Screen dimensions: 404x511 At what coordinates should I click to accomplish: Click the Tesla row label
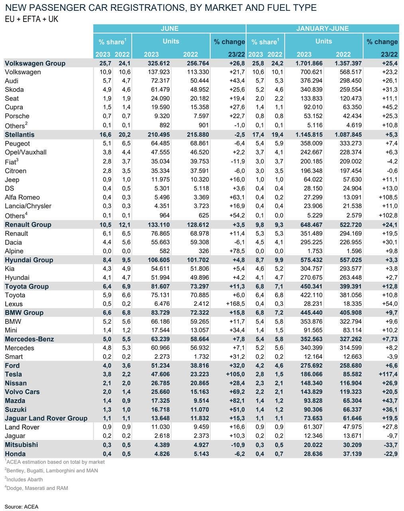(13, 374)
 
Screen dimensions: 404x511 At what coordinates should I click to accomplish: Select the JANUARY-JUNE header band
(322, 28)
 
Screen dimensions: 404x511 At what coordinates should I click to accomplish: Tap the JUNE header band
(169, 28)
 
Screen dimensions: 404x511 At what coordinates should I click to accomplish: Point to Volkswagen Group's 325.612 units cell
(159, 63)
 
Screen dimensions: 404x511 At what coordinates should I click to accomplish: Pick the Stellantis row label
(20, 135)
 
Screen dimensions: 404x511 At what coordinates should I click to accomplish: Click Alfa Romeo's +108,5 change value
(388, 197)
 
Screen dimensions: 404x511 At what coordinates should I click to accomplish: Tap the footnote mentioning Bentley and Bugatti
(51, 470)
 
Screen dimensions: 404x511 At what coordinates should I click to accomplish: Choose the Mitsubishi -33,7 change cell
(390, 445)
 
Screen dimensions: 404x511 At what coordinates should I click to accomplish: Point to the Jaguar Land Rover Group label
(46, 418)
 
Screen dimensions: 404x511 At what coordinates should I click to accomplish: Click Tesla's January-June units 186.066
(311, 374)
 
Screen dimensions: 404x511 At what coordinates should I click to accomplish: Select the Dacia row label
(13, 242)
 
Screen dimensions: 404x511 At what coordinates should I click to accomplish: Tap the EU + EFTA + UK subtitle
(32, 19)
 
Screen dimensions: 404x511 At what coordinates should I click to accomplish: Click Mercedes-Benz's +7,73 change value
(390, 339)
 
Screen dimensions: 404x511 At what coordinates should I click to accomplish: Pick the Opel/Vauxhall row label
(26, 152)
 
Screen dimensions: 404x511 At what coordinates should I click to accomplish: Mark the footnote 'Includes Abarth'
(24, 479)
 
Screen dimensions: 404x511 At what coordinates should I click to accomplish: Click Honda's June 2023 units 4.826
(162, 454)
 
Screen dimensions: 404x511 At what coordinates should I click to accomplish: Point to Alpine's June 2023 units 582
(164, 251)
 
